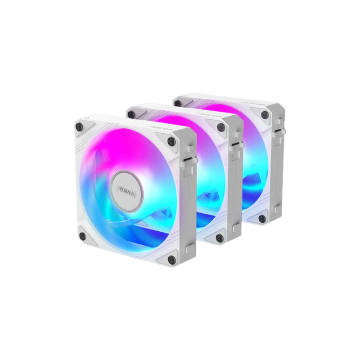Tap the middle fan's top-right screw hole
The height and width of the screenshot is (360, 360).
[220, 128]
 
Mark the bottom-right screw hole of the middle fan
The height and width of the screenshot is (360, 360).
[219, 237]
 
